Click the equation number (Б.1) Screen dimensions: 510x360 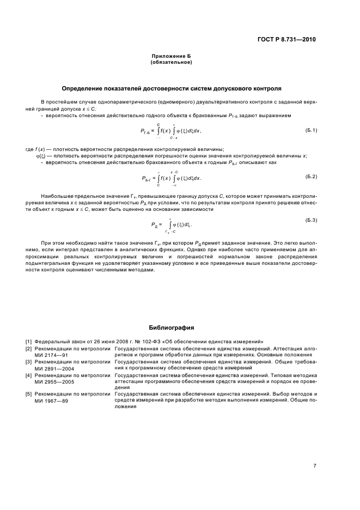coord(311,129)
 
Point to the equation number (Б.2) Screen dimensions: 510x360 coord(311,177)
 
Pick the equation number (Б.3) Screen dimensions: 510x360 coord(311,220)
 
